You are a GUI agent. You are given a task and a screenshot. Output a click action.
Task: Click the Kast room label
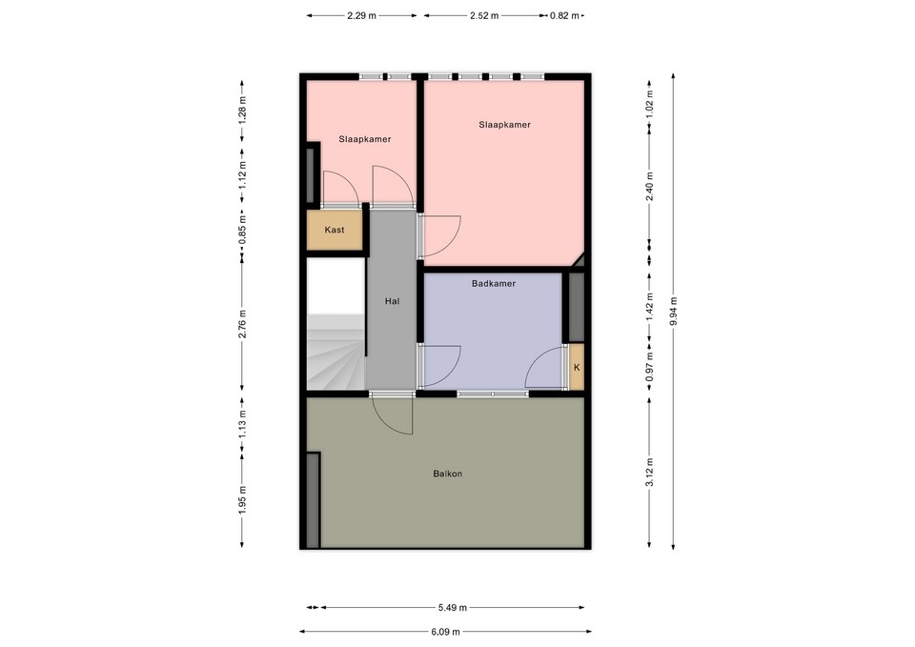click(335, 231)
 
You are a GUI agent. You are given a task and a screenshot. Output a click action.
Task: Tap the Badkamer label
click(494, 284)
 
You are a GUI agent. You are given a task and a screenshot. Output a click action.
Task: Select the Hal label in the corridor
click(391, 301)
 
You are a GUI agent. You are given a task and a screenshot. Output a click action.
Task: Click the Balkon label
click(448, 474)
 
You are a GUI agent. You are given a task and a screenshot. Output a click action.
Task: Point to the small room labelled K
click(576, 368)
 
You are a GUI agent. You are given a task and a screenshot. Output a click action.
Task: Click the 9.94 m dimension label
click(674, 312)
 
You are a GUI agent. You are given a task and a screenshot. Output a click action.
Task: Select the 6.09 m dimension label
click(445, 632)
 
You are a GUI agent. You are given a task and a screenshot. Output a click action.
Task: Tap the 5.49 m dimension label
click(452, 607)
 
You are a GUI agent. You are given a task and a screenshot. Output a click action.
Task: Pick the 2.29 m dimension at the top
click(361, 16)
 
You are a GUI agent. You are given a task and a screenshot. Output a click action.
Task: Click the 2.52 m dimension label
click(484, 16)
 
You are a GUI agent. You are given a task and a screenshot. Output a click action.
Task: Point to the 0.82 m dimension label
click(563, 16)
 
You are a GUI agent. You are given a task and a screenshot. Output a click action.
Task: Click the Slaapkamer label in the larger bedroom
click(504, 125)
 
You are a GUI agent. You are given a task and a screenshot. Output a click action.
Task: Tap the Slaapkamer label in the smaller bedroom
click(365, 139)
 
